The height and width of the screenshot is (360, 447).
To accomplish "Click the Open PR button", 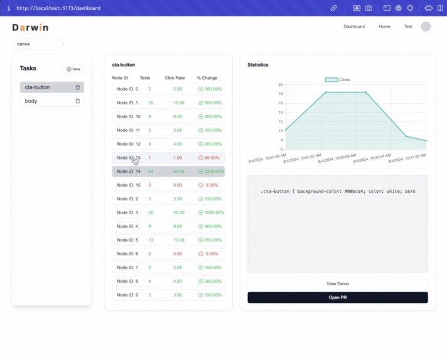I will click(x=337, y=297).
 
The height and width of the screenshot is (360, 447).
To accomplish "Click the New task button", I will click(x=73, y=69).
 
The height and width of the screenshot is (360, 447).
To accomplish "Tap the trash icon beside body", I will click(x=78, y=101).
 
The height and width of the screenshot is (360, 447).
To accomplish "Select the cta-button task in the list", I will click(x=38, y=87).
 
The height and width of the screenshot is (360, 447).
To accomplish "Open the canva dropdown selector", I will click(x=41, y=44).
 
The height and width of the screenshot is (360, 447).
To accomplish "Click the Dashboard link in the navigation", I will click(x=354, y=26).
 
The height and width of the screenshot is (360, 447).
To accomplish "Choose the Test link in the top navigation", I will click(x=408, y=26).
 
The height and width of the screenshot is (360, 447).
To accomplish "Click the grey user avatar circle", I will click(x=426, y=26).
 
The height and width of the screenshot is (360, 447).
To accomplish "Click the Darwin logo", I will click(x=30, y=28).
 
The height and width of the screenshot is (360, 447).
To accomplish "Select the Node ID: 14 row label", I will click(x=129, y=172).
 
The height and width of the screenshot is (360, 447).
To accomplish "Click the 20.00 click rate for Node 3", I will click(x=178, y=213).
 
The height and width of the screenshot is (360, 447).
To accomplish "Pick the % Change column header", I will click(x=207, y=78).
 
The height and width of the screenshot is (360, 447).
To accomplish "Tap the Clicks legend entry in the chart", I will click(x=338, y=80).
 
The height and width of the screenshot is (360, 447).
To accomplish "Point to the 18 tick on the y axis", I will click(x=281, y=94).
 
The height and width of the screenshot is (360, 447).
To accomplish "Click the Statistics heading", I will click(x=257, y=65).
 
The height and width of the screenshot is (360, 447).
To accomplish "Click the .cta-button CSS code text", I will click(x=337, y=191).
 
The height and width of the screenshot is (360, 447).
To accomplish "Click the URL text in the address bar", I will click(x=58, y=8).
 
